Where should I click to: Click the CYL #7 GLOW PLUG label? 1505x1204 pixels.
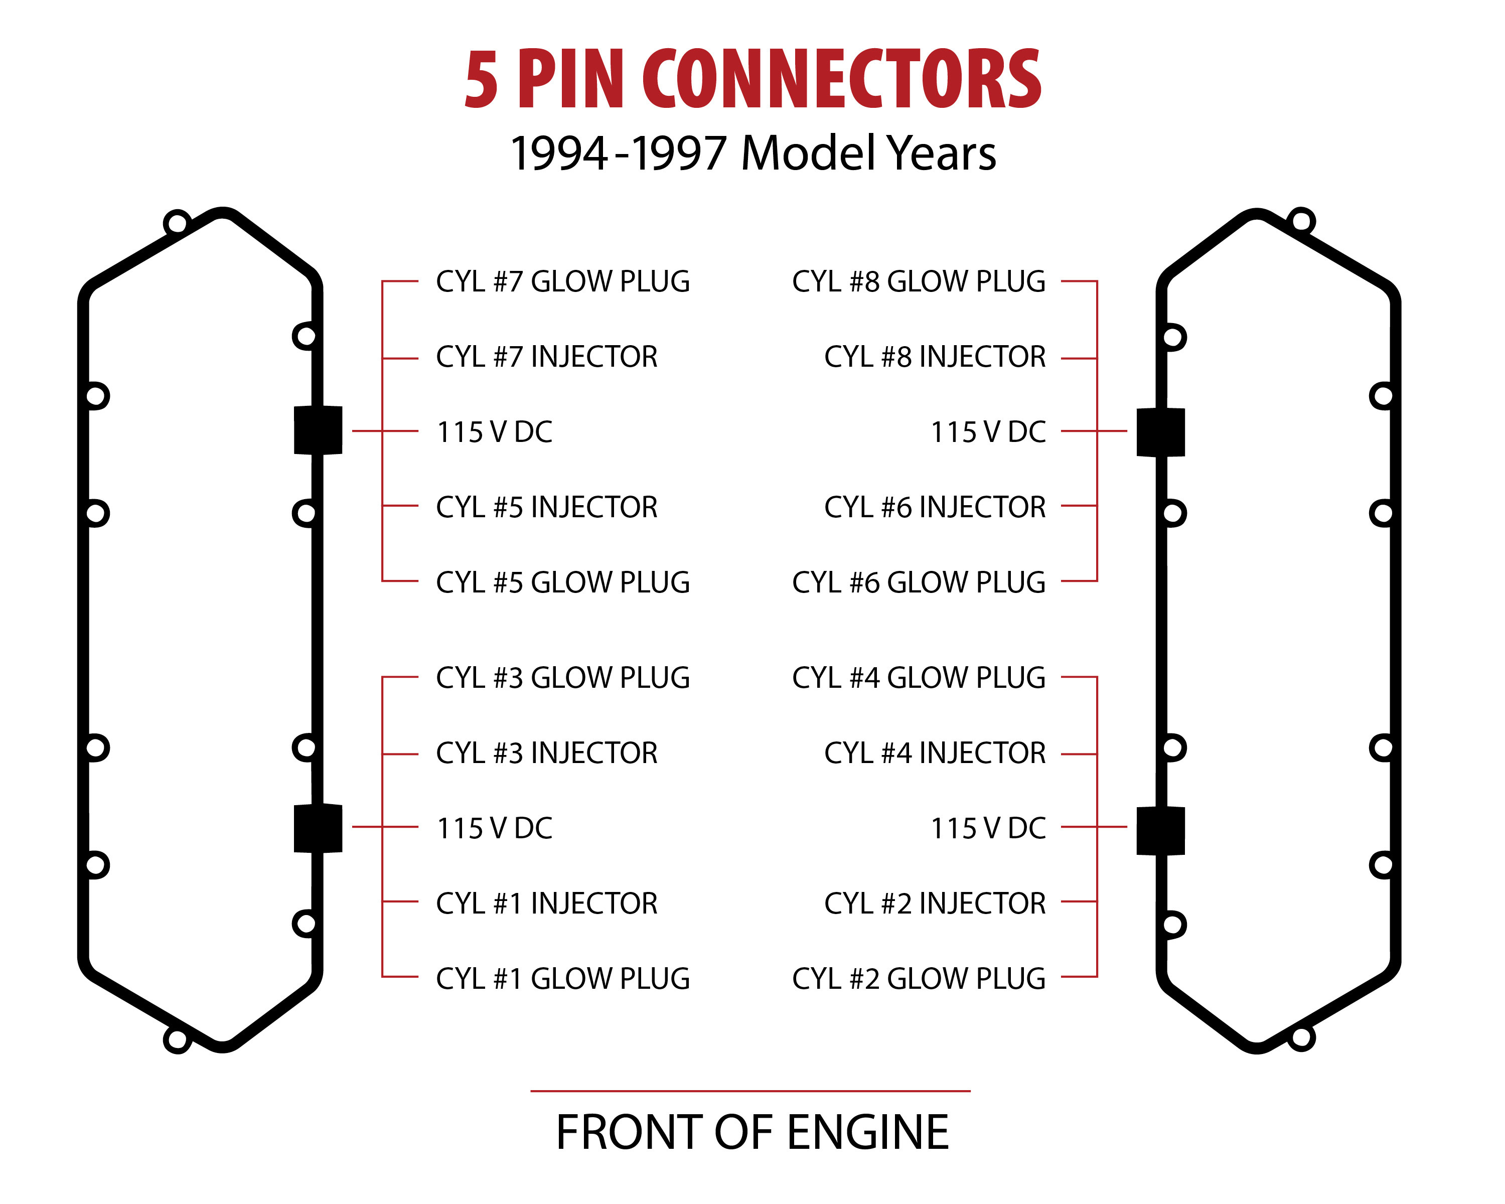tap(563, 282)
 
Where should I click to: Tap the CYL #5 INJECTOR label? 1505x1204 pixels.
tap(547, 507)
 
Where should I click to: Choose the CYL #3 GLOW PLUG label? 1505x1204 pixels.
tap(563, 678)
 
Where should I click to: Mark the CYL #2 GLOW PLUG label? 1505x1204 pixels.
tap(919, 979)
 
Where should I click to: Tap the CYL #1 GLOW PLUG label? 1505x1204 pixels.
tap(563, 979)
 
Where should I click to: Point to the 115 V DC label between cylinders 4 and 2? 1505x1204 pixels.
tap(988, 828)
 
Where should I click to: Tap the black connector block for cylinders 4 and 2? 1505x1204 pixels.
tap(1161, 831)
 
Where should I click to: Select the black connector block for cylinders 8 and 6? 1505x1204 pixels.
tap(1161, 432)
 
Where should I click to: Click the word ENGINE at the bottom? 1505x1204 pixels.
tap(868, 1132)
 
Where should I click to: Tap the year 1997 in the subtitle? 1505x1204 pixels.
tap(679, 154)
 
